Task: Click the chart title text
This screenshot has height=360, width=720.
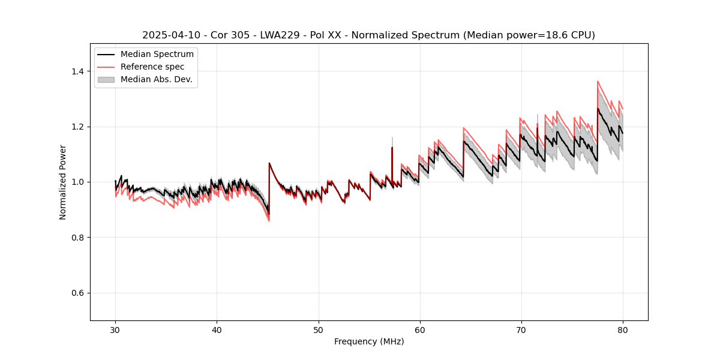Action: [x=368, y=35]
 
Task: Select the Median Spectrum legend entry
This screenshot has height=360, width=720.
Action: [x=157, y=55]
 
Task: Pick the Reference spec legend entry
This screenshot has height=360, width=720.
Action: [x=152, y=67]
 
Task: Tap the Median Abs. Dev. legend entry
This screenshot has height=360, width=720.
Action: [x=156, y=79]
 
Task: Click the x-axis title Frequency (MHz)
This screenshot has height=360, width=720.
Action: [x=369, y=341]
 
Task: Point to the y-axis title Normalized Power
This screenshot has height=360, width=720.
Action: [x=63, y=182]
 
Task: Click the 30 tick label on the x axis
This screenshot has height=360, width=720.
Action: [x=116, y=330]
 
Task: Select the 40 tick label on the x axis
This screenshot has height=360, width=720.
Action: [x=217, y=330]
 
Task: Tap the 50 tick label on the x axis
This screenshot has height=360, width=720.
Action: [x=319, y=330]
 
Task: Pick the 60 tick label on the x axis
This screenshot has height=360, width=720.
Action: [x=420, y=330]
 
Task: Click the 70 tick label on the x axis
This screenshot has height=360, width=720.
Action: [x=521, y=330]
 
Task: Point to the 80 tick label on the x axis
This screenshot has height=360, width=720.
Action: [x=623, y=330]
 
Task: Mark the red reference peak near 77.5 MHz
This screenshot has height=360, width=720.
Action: [x=598, y=81]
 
